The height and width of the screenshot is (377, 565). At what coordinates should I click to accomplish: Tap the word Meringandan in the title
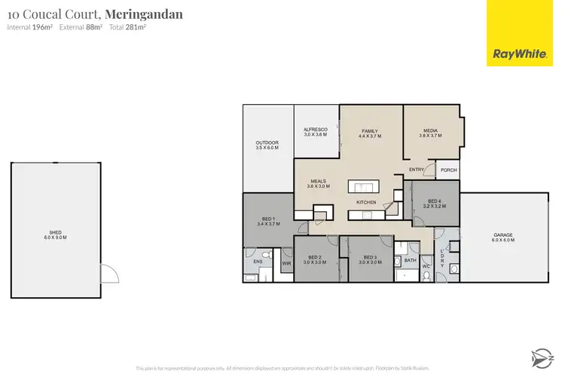(144, 14)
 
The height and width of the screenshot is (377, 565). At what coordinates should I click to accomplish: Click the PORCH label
(448, 170)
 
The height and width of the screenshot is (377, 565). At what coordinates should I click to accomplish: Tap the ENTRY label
(417, 170)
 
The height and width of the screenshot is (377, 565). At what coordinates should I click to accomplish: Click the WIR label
(286, 264)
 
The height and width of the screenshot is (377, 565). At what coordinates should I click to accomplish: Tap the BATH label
(411, 261)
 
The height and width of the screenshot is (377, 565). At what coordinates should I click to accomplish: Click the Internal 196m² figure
(34, 27)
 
